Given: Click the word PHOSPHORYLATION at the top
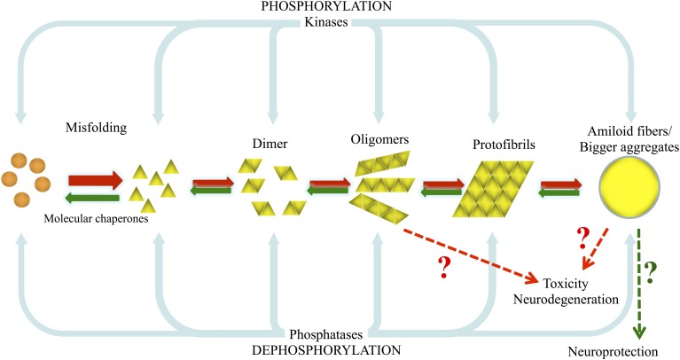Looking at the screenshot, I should [340, 7].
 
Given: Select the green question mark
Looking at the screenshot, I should [650, 271].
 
